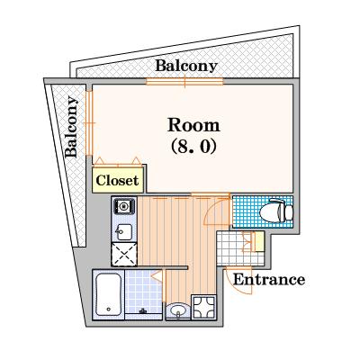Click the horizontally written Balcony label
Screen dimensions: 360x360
coord(186,66)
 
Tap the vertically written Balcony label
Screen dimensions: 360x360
coord(71,126)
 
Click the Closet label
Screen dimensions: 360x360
coord(117,180)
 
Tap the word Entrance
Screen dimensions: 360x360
coord(268,279)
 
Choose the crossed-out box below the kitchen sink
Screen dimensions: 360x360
coord(123,255)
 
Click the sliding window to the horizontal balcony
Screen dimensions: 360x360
coord(184,83)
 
